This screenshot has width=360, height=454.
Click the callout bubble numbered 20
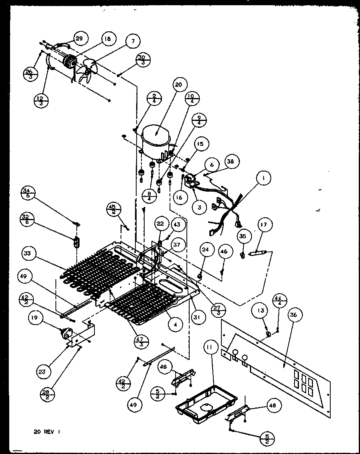pos(178,85)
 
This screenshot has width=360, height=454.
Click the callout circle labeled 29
pos(79,39)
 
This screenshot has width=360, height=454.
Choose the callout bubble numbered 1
pos(264,178)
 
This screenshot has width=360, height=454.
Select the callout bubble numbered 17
pos(264,225)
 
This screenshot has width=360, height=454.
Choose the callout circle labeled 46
pos(224,252)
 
